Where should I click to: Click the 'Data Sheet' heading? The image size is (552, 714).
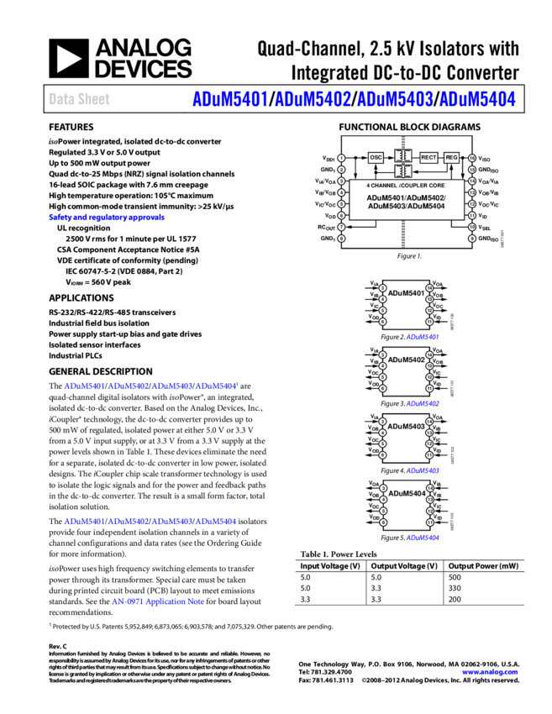point(79,99)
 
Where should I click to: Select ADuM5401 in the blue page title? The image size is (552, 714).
point(229,99)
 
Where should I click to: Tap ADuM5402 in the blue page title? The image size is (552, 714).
point(312,99)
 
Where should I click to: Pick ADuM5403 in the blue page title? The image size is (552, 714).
point(394,99)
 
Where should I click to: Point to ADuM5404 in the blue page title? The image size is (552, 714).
point(476,99)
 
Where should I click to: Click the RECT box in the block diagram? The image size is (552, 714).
point(428,157)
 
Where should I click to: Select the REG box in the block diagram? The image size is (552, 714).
point(451,157)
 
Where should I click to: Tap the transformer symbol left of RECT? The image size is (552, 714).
point(402,156)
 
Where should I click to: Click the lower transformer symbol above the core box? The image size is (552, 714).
point(402,171)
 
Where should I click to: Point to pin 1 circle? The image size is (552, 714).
point(341,158)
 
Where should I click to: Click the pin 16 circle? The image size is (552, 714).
point(472,158)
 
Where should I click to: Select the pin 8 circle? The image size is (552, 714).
point(341,239)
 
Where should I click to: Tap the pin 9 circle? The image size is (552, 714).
point(472,239)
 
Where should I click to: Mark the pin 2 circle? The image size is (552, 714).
point(341,170)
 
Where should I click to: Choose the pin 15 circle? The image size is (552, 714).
point(472,170)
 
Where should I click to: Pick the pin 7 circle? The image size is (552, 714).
point(341,227)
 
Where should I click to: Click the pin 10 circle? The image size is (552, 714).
point(472,227)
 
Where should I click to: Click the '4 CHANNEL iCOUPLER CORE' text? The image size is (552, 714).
point(406,185)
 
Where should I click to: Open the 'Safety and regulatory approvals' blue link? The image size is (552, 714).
point(107,218)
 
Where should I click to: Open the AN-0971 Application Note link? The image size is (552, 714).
point(158,602)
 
